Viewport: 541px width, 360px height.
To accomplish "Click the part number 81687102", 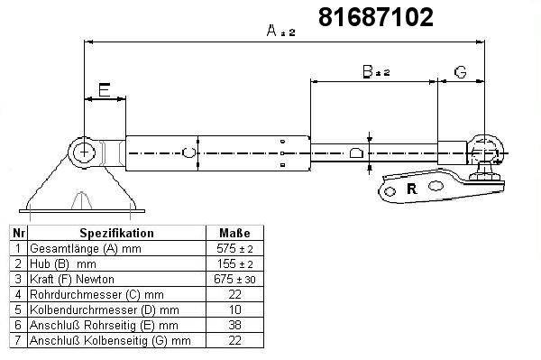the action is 375,17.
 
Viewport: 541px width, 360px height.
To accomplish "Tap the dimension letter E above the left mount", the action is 105,89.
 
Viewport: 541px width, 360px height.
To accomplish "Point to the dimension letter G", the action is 460,72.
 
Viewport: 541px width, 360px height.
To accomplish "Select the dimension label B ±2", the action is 376,71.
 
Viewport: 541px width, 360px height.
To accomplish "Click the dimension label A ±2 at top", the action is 280,31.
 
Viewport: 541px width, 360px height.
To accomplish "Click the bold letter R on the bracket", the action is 412,189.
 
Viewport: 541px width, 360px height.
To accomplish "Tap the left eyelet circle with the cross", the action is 84,152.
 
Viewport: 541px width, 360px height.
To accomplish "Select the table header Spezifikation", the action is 116,233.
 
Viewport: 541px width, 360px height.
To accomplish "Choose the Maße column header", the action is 234,233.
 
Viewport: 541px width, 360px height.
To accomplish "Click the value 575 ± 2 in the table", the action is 234,248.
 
